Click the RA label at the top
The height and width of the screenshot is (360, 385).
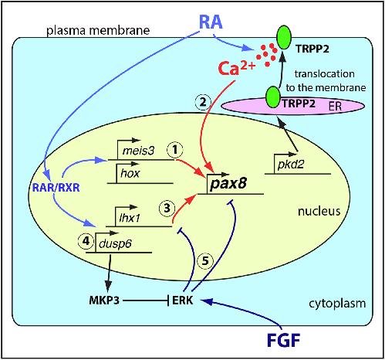211,22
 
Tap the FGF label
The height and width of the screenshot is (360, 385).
284,340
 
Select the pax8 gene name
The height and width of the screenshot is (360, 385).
228,184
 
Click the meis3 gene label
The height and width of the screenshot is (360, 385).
138,151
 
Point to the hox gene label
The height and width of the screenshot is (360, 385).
130,173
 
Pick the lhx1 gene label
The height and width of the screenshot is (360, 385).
130,218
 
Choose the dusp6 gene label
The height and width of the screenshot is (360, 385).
115,243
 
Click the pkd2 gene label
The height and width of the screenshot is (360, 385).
291,164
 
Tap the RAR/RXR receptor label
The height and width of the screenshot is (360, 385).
56,188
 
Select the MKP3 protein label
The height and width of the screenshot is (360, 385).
104,300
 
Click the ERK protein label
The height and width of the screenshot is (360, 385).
182,300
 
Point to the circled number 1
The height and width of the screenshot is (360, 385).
175,150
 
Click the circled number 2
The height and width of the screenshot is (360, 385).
203,102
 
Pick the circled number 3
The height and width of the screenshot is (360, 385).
167,208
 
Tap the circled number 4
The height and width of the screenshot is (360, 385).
86,241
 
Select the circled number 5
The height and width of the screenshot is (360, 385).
205,261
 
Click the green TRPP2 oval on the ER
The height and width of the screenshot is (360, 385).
273,97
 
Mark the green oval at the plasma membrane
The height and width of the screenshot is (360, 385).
284,37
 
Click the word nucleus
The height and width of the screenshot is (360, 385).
319,211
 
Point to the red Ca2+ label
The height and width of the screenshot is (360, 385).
237,68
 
